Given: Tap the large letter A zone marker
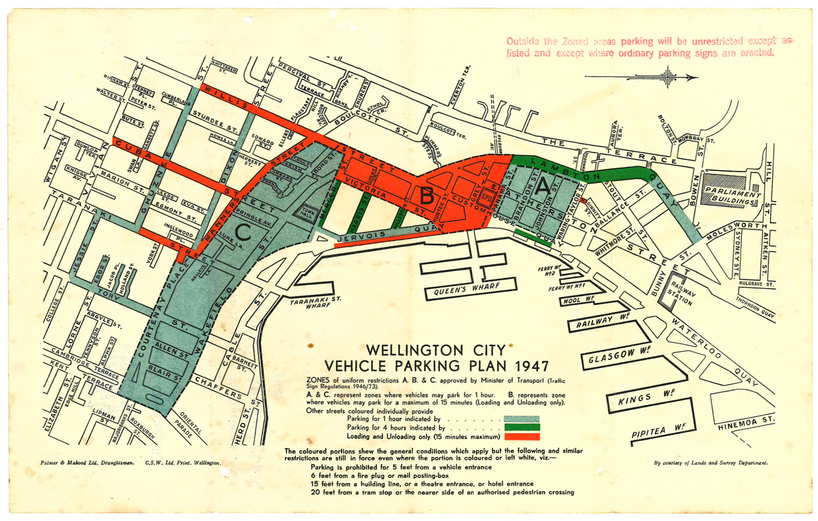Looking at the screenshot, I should (x=543, y=186).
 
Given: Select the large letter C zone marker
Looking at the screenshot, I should (x=243, y=233).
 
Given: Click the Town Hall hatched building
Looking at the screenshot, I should (x=307, y=212).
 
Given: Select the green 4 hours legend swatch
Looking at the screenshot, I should (x=522, y=427).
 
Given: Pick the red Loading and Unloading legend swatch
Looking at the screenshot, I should (x=522, y=437).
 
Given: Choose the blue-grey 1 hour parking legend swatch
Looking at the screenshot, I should (x=522, y=419).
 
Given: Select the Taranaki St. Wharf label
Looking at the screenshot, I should (x=315, y=302).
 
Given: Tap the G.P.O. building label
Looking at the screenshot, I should (x=487, y=198).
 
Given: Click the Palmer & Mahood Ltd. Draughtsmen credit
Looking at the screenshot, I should (x=87, y=463).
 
